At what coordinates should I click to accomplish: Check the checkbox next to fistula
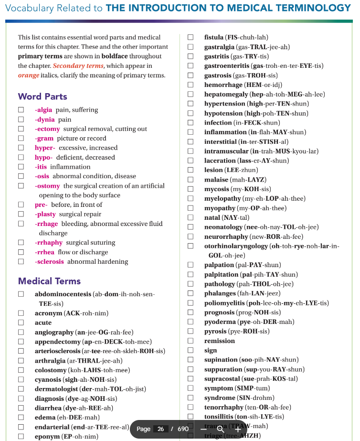pyautogui.click(x=191, y=37)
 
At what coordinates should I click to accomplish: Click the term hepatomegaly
pyautogui.click(x=225, y=94)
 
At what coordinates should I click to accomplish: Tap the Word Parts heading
pyautogui.click(x=42, y=97)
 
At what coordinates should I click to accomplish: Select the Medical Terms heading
pyautogui.click(x=49, y=281)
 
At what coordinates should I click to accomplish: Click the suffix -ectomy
pyautogui.click(x=47, y=129)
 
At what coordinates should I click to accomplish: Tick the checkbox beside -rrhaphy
pyautogui.click(x=21, y=243)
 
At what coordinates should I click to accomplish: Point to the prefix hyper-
pyautogui.click(x=45, y=148)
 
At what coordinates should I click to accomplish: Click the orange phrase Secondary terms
pyautogui.click(x=78, y=66)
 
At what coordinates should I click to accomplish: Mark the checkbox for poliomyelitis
pyautogui.click(x=191, y=303)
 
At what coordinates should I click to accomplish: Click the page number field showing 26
pyautogui.click(x=161, y=429)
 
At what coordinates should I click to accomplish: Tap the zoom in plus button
pyautogui.click(x=238, y=429)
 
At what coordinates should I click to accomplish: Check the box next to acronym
pyautogui.click(x=21, y=313)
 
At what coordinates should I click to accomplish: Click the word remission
pyautogui.click(x=220, y=341)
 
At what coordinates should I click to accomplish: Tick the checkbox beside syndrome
pyautogui.click(x=191, y=398)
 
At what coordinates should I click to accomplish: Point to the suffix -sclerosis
pyautogui.click(x=49, y=262)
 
